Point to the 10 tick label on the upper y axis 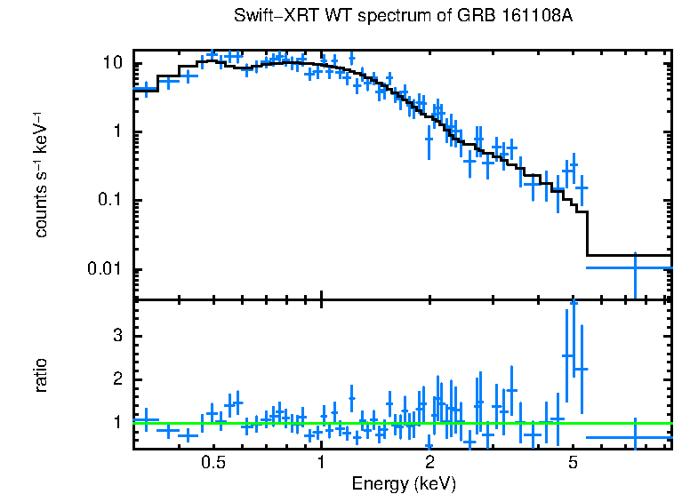111,64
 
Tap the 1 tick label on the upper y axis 116,132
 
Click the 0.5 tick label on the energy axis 213,463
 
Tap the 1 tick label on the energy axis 321,463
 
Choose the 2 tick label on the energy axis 429,463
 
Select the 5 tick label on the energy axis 572,463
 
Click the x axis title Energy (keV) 404,483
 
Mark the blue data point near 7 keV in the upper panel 635,267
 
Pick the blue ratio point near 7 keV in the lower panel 635,437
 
